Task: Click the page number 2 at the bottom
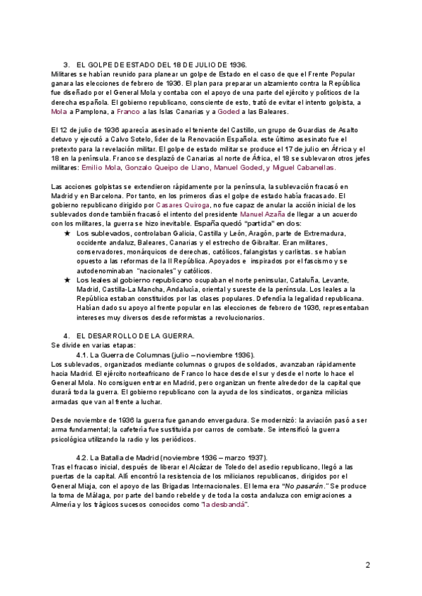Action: click(x=367, y=564)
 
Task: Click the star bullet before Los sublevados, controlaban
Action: click(x=66, y=233)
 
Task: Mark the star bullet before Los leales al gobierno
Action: click(x=66, y=279)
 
